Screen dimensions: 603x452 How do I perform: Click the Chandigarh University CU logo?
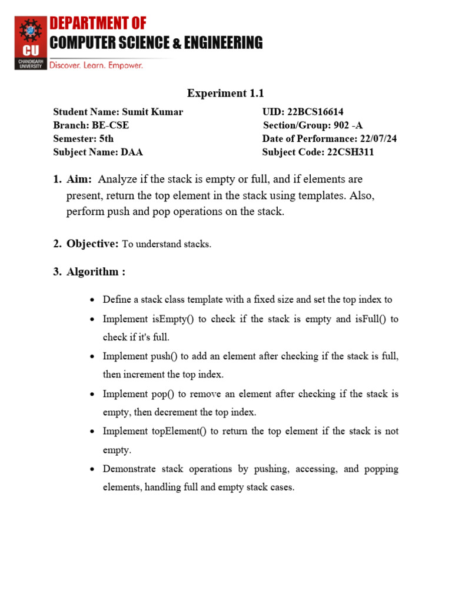(29, 42)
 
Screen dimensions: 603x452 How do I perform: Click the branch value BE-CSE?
(110, 125)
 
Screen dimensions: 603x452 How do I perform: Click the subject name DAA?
(132, 153)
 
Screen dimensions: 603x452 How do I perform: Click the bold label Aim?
(79, 179)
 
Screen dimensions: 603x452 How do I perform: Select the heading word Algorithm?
(92, 272)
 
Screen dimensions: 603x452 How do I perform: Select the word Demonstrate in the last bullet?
(133, 469)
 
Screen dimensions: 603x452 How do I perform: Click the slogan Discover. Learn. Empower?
(96, 65)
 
